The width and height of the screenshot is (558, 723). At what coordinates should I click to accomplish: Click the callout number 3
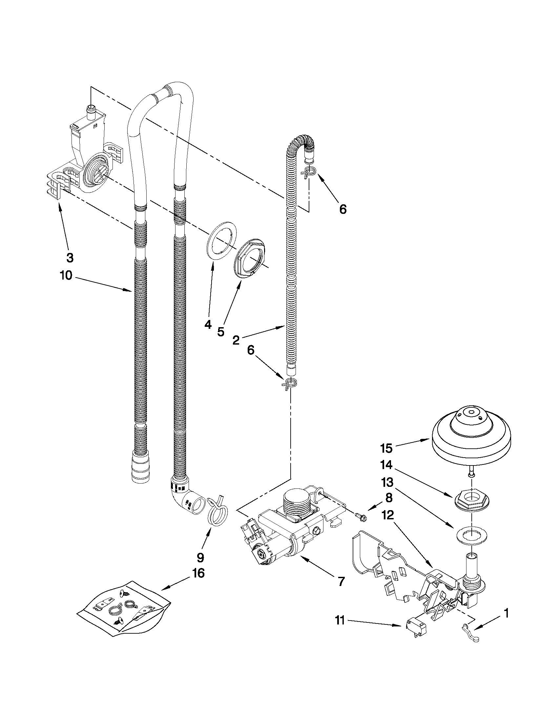[x=70, y=258]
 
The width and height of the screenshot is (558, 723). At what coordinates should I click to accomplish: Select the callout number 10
[x=66, y=275]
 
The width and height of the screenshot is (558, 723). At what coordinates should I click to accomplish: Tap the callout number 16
[x=199, y=573]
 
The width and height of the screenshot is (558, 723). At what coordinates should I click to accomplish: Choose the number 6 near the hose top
[x=343, y=209]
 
